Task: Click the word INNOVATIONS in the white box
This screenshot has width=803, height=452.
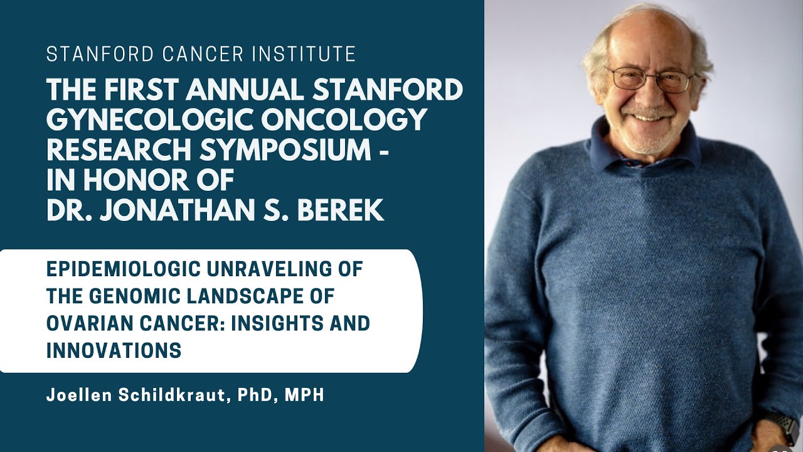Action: (x=114, y=351)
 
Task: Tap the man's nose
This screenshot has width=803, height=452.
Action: (x=649, y=94)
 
